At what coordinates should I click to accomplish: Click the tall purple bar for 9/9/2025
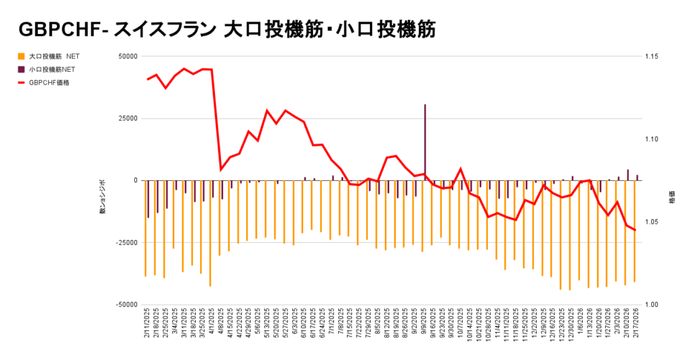click(425, 142)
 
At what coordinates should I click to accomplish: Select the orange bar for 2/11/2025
click(146, 228)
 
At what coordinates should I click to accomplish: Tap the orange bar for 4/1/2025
click(211, 233)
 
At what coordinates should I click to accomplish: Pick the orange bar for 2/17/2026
click(634, 231)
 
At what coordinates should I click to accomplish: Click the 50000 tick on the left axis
click(127, 56)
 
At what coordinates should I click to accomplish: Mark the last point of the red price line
click(635, 230)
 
